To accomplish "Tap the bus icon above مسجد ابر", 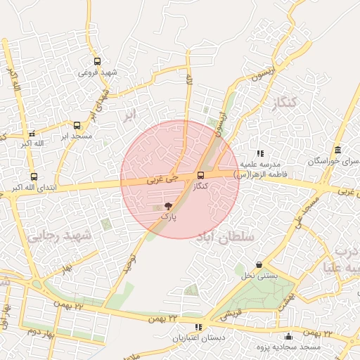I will tap(77, 125).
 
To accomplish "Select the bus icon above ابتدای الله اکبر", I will tap(34, 177).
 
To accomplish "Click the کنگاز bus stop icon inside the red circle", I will tap(201, 175).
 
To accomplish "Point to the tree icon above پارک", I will tap(168, 207).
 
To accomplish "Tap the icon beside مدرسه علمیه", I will tap(260, 153).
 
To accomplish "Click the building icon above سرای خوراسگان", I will tap(338, 150).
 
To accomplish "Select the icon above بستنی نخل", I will tap(259, 265).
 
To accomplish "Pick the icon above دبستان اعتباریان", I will tap(198, 327).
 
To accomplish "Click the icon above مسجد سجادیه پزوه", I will tap(288, 336).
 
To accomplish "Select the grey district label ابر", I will tap(129, 115).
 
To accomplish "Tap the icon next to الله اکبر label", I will tap(30, 134).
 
